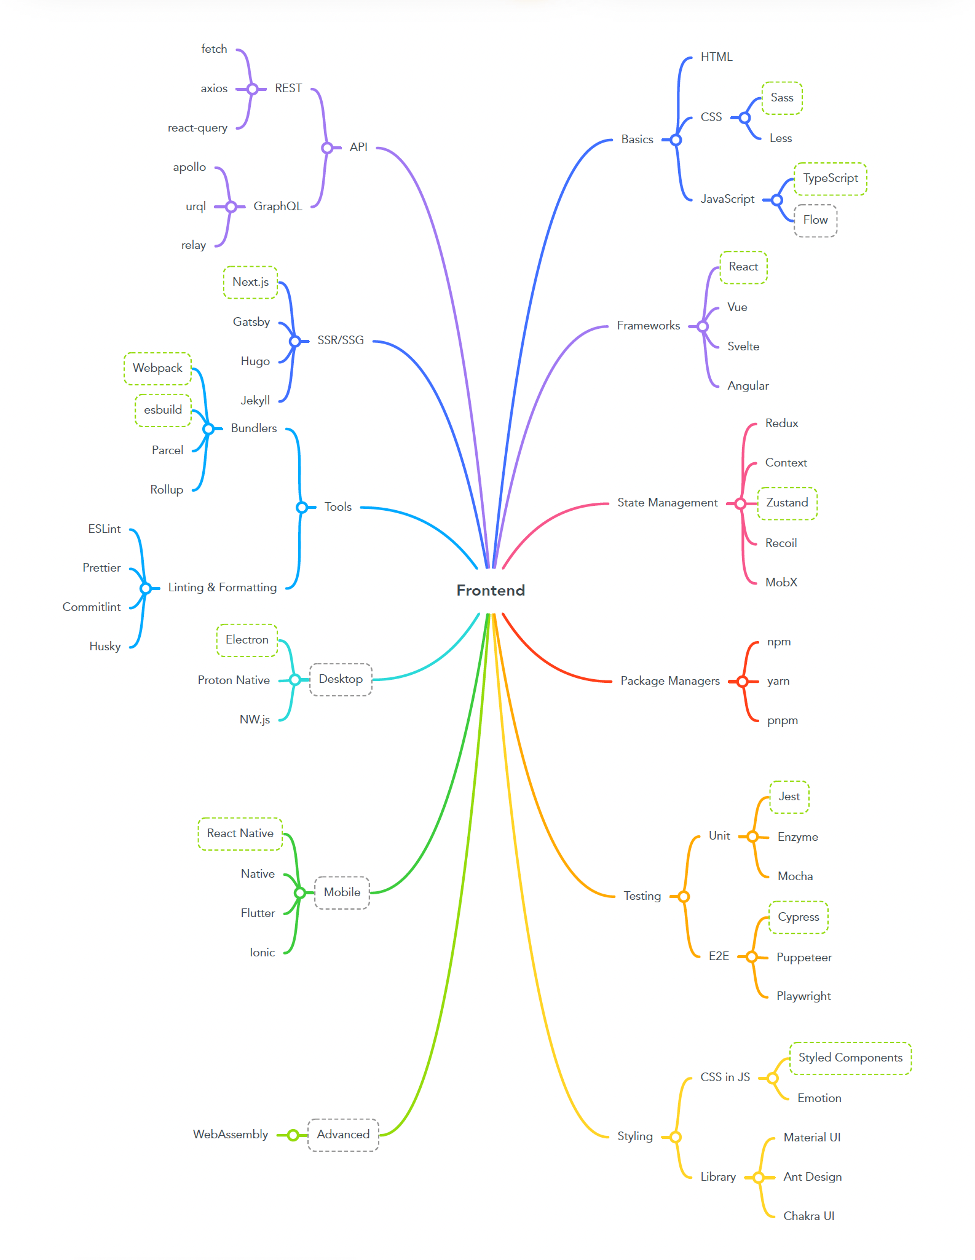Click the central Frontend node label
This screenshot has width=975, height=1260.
click(x=491, y=591)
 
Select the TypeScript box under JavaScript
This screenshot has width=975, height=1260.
click(x=830, y=179)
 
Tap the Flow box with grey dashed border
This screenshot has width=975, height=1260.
click(x=815, y=220)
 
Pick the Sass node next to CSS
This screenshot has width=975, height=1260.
click(x=782, y=98)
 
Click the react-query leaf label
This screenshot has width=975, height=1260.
click(x=197, y=128)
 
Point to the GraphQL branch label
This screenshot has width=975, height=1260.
click(x=278, y=207)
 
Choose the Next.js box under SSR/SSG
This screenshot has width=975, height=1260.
click(x=250, y=282)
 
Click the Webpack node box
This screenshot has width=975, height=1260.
click(x=157, y=368)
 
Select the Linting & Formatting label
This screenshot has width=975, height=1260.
click(x=222, y=588)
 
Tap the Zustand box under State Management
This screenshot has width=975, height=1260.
click(x=787, y=503)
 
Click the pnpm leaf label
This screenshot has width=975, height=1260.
click(x=782, y=720)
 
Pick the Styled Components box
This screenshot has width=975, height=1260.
click(x=850, y=1058)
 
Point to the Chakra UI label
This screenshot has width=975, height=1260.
click(x=808, y=1216)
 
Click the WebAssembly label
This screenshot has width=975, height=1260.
click(x=231, y=1135)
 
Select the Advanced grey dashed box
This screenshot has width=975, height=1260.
click(x=343, y=1135)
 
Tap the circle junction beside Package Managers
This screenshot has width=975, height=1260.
click(x=743, y=681)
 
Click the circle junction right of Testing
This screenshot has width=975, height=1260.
click(x=684, y=897)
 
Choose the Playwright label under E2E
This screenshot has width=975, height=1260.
click(x=803, y=996)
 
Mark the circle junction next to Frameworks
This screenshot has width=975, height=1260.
click(x=703, y=326)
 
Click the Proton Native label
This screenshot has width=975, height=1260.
click(x=234, y=680)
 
